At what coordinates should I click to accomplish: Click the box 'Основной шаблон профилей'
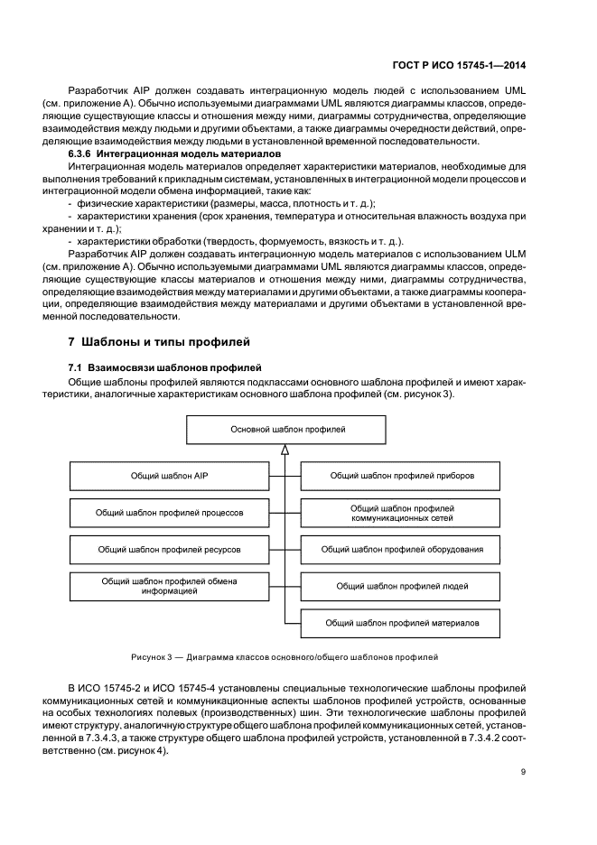[x=286, y=430]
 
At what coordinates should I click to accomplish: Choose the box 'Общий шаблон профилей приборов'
[x=402, y=475]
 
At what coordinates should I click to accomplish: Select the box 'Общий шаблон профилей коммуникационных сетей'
[x=402, y=513]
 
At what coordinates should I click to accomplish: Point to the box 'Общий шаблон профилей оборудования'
[x=402, y=549]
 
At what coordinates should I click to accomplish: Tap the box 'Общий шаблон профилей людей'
[x=402, y=586]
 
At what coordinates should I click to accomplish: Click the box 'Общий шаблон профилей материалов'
[x=402, y=623]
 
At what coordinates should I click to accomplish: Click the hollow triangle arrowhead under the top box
[x=286, y=450]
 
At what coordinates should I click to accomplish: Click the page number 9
[x=524, y=772]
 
